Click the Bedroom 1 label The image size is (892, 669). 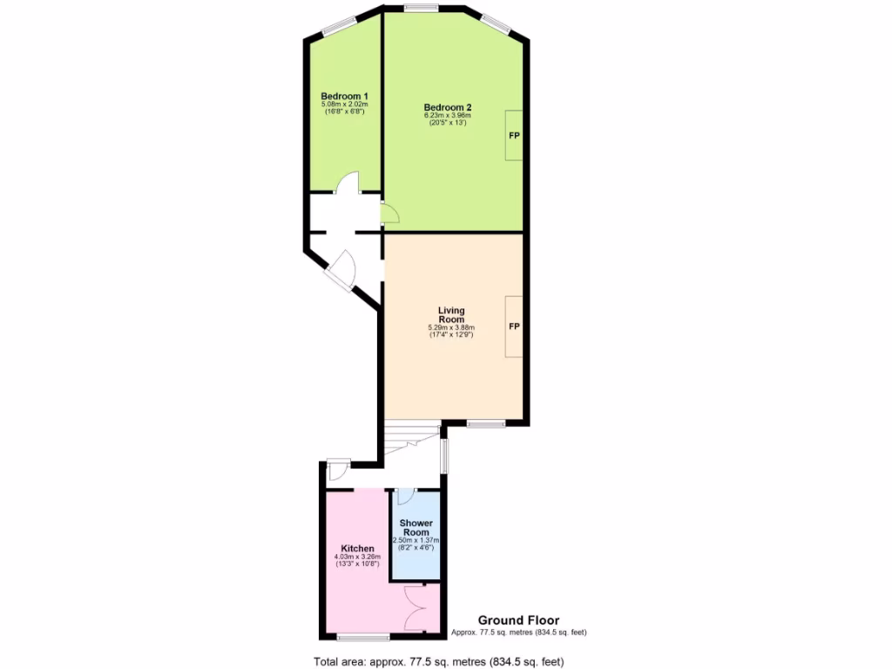pyautogui.click(x=344, y=96)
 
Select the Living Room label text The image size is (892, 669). pyautogui.click(x=450, y=314)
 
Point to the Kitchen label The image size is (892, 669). pyautogui.click(x=357, y=548)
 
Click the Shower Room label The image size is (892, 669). pyautogui.click(x=416, y=527)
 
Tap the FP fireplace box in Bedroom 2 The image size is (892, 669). pyautogui.click(x=515, y=136)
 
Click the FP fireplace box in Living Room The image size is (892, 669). pyautogui.click(x=514, y=327)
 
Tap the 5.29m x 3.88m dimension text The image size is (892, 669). pyautogui.click(x=450, y=328)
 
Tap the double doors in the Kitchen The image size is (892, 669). pyautogui.click(x=417, y=609)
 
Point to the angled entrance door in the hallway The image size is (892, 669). pyautogui.click(x=340, y=267)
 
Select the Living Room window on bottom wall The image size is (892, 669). pyautogui.click(x=485, y=423)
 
